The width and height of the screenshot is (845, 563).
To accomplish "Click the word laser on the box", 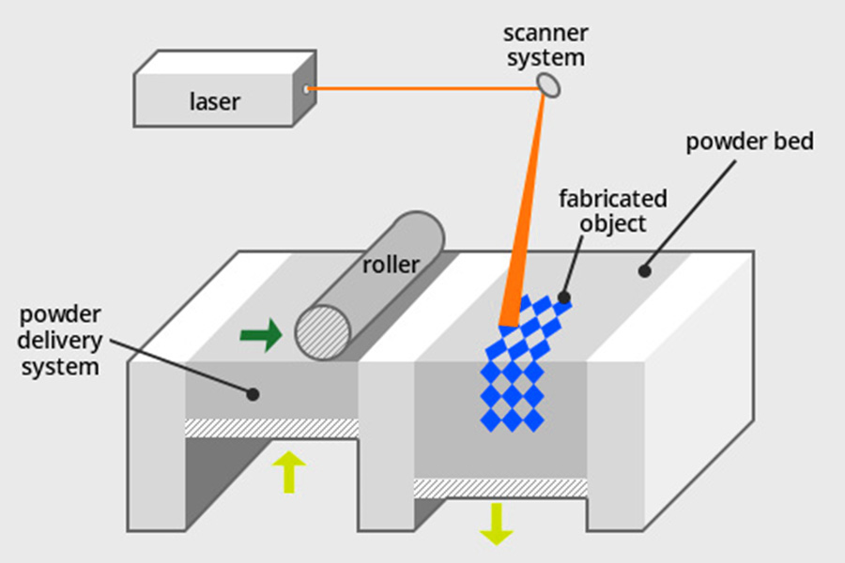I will (x=214, y=100).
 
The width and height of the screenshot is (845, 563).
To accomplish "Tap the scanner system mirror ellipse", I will (x=548, y=84).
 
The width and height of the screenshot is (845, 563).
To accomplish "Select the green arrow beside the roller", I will (x=261, y=334).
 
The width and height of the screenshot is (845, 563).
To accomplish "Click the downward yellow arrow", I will (x=496, y=524).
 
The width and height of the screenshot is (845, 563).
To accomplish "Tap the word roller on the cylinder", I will (x=391, y=264).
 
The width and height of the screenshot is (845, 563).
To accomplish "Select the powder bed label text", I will (x=749, y=143).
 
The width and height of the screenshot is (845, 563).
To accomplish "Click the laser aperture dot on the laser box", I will (x=306, y=90).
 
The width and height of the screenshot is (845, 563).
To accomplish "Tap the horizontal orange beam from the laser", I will (x=422, y=90).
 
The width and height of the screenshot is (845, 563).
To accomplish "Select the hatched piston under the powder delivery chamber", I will (x=272, y=428).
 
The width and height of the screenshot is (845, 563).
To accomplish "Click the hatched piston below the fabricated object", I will (x=501, y=488).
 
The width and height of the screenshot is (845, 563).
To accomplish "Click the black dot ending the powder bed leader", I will (x=644, y=271).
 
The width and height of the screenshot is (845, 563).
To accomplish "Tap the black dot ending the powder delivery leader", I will (x=253, y=395).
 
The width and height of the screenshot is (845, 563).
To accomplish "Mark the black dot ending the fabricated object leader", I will (x=564, y=297).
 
